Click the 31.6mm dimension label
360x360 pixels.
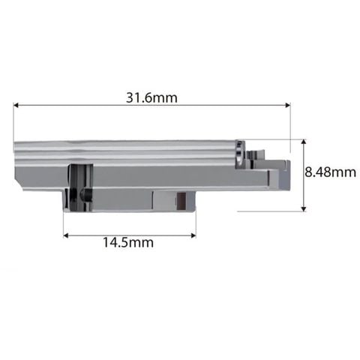(151, 97)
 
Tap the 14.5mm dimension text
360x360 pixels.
(128, 242)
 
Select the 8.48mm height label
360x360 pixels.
(330, 172)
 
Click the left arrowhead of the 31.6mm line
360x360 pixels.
(16, 105)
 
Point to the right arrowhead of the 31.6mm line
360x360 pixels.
(288, 105)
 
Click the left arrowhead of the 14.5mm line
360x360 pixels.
(66, 235)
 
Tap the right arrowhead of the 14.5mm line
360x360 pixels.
(193, 235)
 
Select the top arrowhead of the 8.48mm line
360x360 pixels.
(304, 142)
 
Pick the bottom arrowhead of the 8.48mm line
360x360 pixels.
(304, 208)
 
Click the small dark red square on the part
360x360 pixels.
(181, 201)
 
